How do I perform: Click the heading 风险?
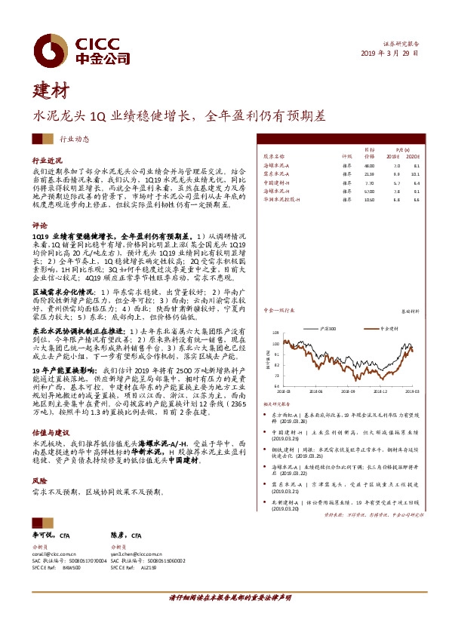(39, 480)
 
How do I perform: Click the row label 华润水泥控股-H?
(282, 201)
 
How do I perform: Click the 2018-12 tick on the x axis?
(381, 391)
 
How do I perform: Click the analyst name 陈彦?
(116, 535)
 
